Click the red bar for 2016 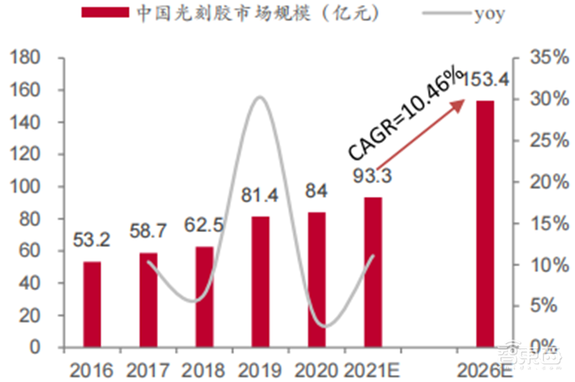click(91, 304)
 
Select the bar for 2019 click(260, 282)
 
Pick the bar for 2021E click(372, 273)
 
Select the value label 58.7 click(149, 231)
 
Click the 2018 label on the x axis click(204, 370)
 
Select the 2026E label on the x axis click(481, 370)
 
